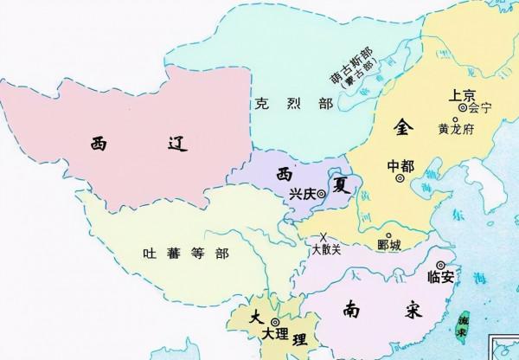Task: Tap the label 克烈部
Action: (x=279, y=104)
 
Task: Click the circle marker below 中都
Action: (x=400, y=178)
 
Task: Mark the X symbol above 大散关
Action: (x=324, y=236)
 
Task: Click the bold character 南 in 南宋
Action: (x=352, y=308)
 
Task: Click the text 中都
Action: (x=400, y=164)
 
